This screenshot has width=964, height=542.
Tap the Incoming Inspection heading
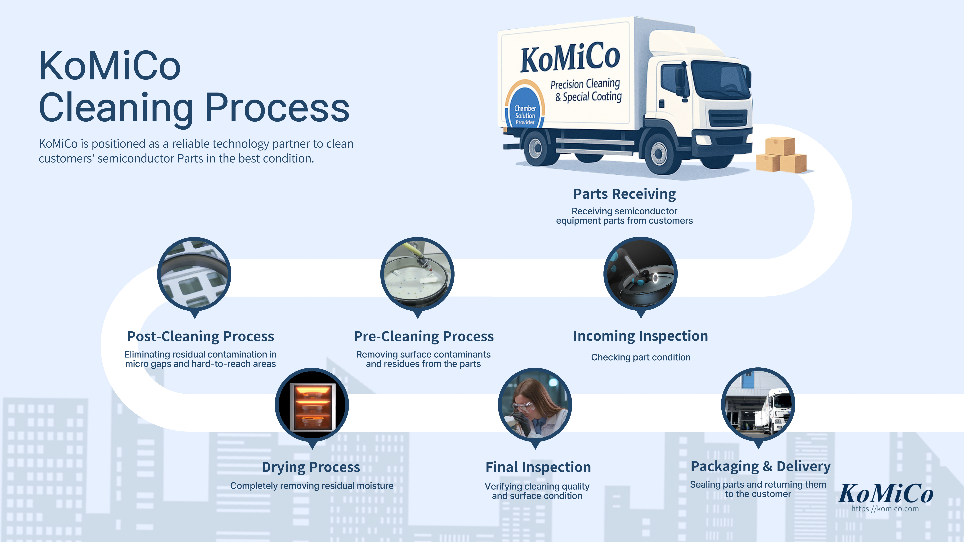pyautogui.click(x=640, y=336)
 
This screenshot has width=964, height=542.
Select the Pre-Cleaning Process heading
pyautogui.click(x=424, y=336)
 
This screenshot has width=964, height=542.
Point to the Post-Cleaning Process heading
pyautogui.click(x=201, y=336)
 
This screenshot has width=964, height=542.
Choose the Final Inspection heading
pyautogui.click(x=538, y=467)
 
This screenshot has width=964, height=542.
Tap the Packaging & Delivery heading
pyautogui.click(x=760, y=467)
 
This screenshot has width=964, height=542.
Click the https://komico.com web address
pyautogui.click(x=885, y=509)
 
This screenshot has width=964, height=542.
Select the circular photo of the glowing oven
pyautogui.click(x=312, y=405)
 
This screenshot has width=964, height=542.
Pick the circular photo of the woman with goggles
pyautogui.click(x=535, y=405)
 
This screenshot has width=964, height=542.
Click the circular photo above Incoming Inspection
pyautogui.click(x=640, y=274)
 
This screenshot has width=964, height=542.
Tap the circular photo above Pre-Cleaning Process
pyautogui.click(x=417, y=274)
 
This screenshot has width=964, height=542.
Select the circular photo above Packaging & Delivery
pyautogui.click(x=758, y=405)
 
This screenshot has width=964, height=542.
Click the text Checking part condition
pyautogui.click(x=640, y=357)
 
